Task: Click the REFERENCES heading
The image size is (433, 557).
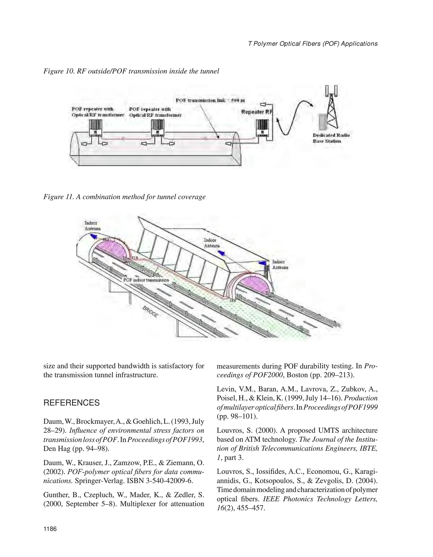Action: point(71,403)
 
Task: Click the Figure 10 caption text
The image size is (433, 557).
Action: point(131,71)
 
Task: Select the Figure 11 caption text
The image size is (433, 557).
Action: point(124,197)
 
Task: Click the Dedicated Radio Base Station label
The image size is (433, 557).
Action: point(331,138)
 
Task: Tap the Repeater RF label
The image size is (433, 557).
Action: point(257,112)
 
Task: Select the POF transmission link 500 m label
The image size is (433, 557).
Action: point(210,100)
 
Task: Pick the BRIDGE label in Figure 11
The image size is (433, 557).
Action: point(150,312)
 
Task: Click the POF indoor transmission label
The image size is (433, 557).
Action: point(146,280)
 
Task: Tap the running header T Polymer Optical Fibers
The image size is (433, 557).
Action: point(313,44)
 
